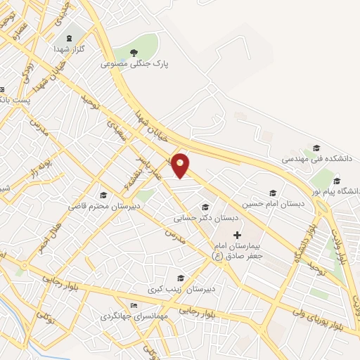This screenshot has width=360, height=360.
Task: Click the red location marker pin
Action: tap(181, 165)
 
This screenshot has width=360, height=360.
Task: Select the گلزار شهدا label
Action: tap(68, 50)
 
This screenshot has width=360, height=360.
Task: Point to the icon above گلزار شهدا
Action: tap(68, 39)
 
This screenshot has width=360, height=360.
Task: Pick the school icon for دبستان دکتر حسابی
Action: tap(205, 207)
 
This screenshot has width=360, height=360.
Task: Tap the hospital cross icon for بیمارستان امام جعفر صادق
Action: tap(237, 234)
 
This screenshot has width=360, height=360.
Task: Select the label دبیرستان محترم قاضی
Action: tap(104, 207)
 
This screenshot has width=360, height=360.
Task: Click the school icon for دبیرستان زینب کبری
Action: tap(182, 278)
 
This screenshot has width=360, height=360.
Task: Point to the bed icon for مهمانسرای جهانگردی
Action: tap(134, 306)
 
